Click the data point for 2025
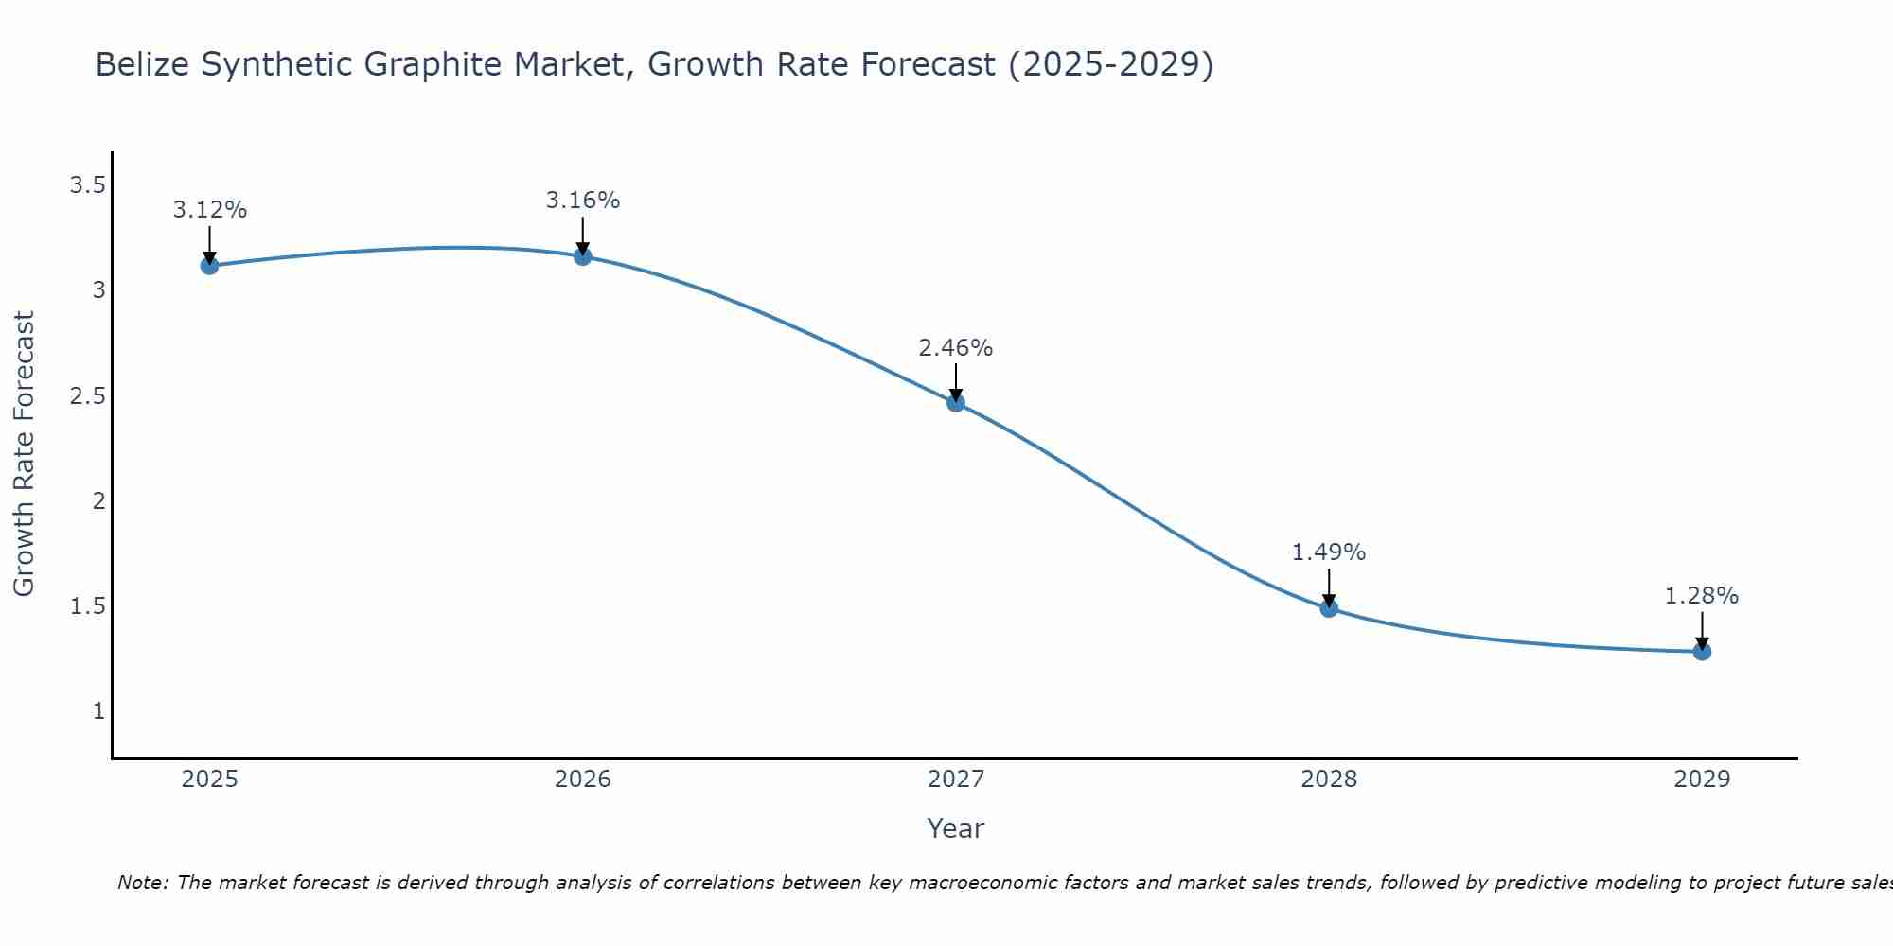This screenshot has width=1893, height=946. pos(209,266)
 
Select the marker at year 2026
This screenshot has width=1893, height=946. pos(582,256)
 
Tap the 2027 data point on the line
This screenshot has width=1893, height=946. pos(956,403)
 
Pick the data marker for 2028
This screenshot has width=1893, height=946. pos(1329,608)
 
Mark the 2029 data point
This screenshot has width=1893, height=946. pos(1702,652)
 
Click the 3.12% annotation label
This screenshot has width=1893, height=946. pos(209,210)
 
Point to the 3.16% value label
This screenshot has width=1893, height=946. pos(582,201)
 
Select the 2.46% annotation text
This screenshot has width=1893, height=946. pos(956,348)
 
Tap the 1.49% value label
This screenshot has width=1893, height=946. pos(1329,552)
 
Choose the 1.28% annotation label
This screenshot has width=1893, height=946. pos(1702,596)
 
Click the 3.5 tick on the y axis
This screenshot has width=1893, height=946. pos(87,185)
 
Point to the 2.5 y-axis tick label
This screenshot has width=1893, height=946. pos(87,396)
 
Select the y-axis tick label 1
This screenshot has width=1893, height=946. pos(98,711)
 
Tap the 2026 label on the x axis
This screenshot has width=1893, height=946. pos(582,780)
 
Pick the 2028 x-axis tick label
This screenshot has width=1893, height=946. pos(1329,780)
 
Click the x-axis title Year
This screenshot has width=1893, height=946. pos(956,829)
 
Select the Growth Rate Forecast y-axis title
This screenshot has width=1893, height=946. pos(25,454)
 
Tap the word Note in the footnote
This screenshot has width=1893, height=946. pos(142,883)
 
